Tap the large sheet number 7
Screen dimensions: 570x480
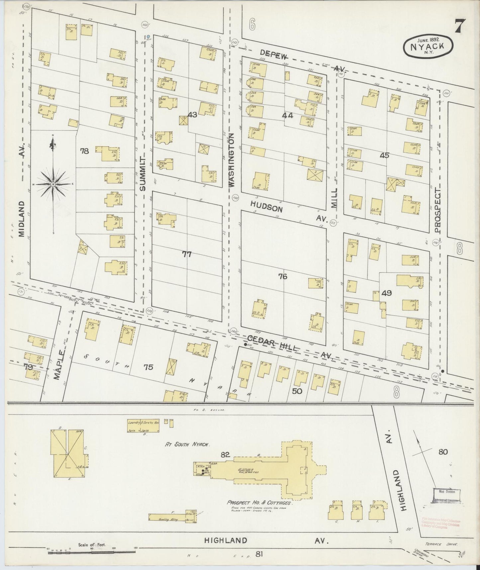(460, 26)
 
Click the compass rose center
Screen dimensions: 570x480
(53, 184)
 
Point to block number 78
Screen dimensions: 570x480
(84, 151)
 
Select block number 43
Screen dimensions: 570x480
(192, 115)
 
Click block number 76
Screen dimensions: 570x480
(283, 276)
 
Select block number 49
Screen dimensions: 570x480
(386, 293)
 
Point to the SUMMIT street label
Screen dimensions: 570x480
(143, 174)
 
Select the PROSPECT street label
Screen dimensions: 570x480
(438, 210)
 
